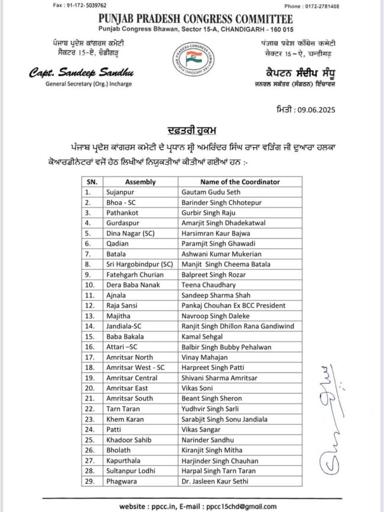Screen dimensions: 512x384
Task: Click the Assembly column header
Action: pos(140,182)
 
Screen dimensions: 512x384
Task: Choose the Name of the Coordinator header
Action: pos(240,182)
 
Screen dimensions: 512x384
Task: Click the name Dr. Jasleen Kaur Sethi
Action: pos(215,481)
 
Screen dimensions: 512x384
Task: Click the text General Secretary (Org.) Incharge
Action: pos(89,84)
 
